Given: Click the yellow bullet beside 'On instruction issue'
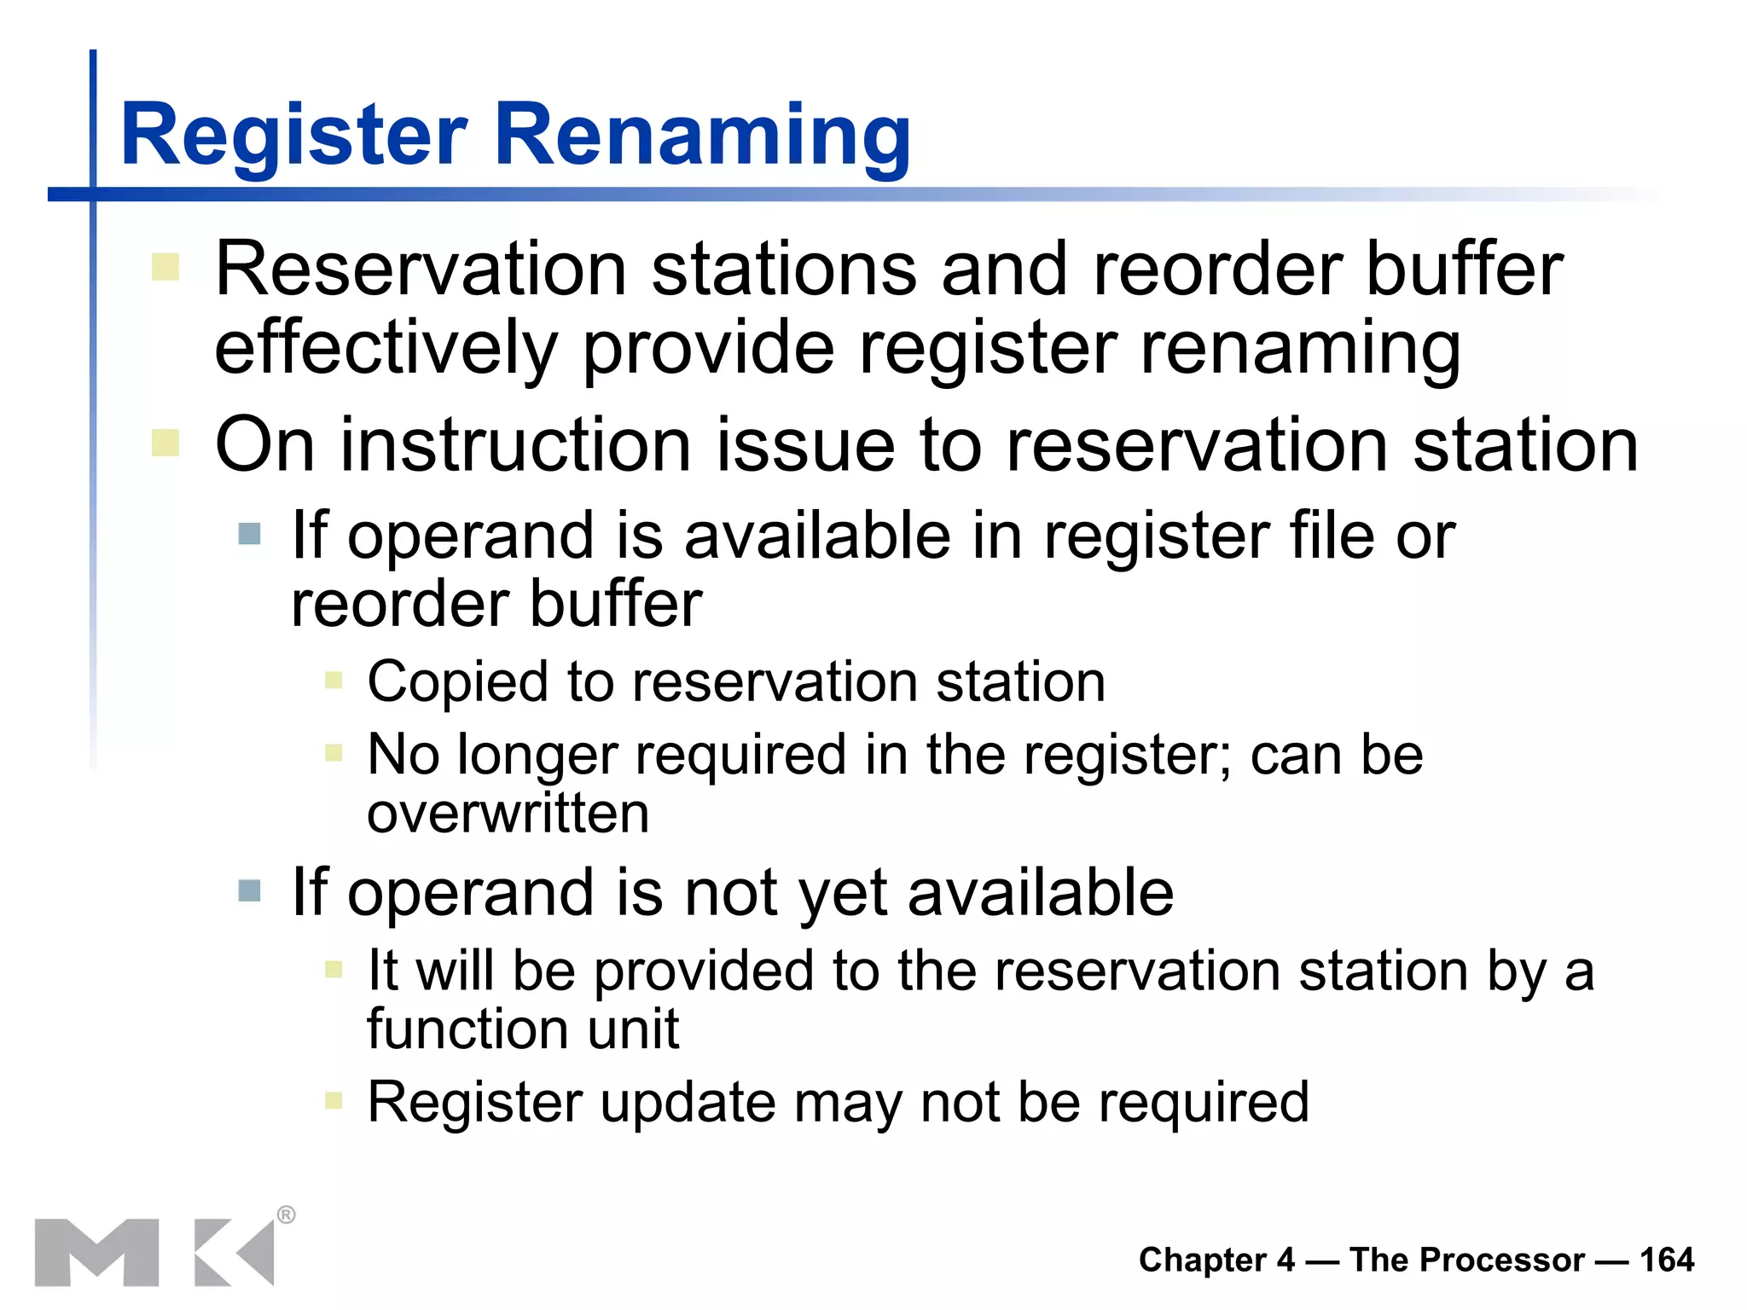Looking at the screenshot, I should click(x=165, y=443).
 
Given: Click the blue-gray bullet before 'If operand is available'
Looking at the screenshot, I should click(x=249, y=535).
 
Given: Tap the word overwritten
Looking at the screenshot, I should click(x=508, y=813).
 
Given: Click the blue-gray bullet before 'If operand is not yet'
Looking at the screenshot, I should click(x=249, y=891).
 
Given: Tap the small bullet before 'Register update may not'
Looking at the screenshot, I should click(x=334, y=1100).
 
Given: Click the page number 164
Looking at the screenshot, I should click(x=1666, y=1260).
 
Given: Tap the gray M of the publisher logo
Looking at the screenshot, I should click(x=96, y=1252).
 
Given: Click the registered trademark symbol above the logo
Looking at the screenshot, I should click(x=286, y=1214).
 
